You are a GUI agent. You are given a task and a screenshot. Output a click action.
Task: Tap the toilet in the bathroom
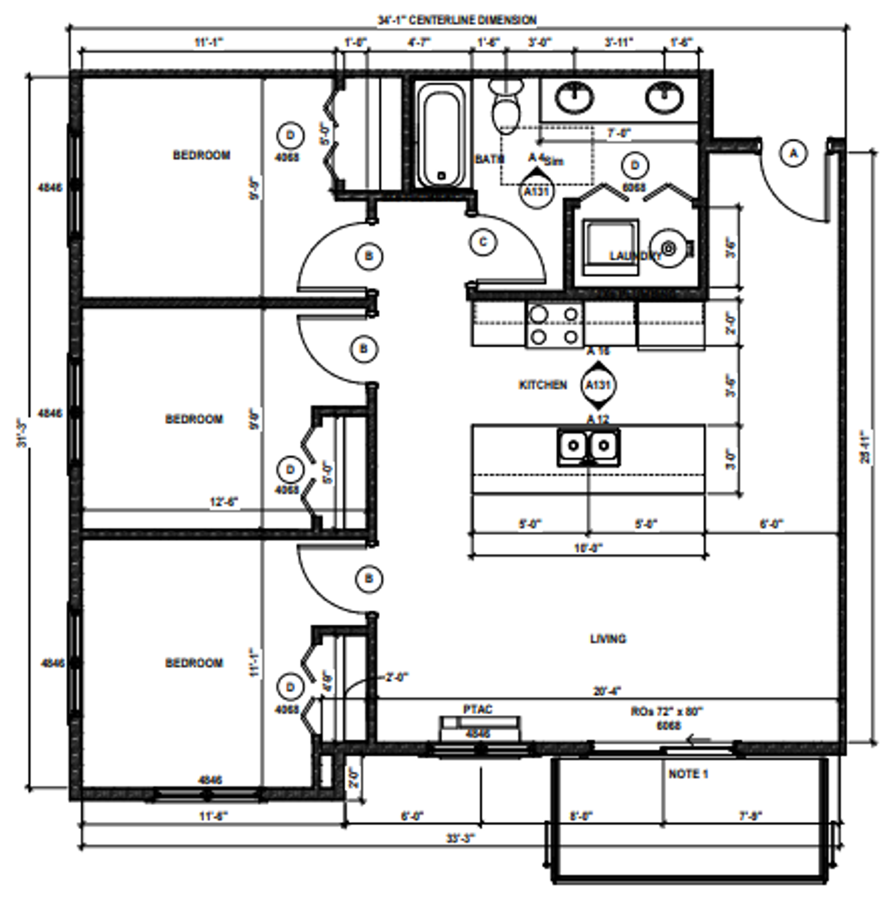tap(506, 107)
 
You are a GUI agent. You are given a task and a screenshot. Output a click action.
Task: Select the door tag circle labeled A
tap(793, 153)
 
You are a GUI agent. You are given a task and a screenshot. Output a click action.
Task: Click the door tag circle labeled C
tap(483, 242)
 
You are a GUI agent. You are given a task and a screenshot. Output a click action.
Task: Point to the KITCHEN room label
tap(543, 385)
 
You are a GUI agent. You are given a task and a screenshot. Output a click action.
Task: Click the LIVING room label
tap(608, 639)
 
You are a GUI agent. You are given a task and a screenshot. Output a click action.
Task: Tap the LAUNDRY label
tap(635, 256)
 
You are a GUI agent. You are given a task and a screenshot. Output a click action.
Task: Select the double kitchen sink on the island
tap(588, 446)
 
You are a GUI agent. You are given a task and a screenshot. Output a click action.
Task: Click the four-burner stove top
tap(555, 325)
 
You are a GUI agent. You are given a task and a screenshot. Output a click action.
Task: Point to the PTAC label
tap(478, 709)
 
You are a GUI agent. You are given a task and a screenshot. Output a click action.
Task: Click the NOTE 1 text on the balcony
tap(688, 774)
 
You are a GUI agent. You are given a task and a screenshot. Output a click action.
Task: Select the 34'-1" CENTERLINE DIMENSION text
tap(457, 20)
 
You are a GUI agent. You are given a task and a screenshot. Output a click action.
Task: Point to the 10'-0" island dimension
tap(588, 548)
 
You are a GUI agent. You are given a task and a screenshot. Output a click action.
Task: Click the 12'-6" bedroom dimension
tap(224, 502)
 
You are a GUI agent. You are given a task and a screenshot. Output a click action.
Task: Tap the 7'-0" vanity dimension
tap(619, 134)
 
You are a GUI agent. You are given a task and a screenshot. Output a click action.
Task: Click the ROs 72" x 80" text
tap(667, 712)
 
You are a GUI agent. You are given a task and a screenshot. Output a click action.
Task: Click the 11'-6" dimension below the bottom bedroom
tap(214, 816)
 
